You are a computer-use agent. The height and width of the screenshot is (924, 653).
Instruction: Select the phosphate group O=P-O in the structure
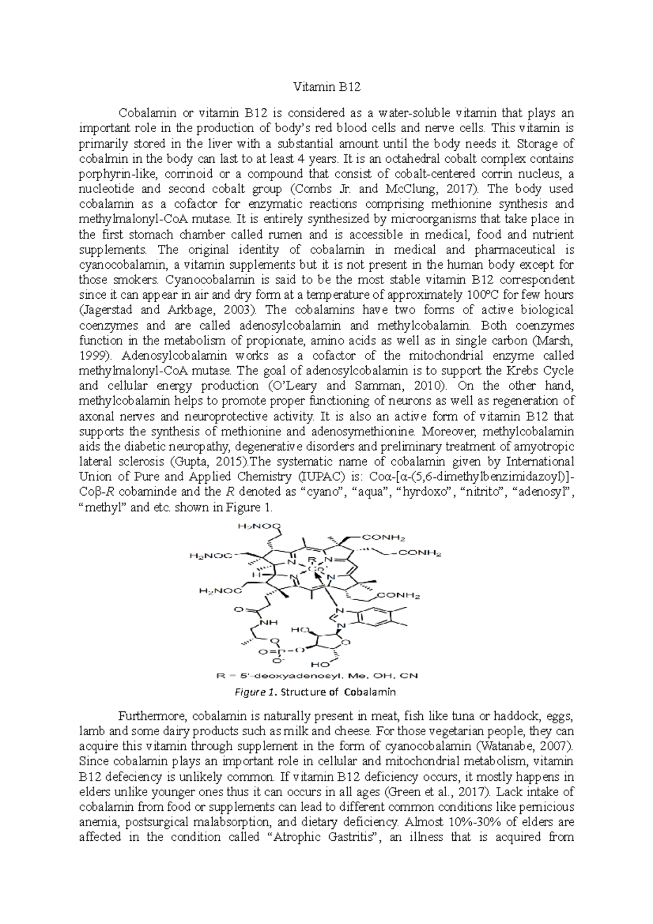point(280,650)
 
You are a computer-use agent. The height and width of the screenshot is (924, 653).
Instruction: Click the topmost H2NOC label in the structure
point(258,526)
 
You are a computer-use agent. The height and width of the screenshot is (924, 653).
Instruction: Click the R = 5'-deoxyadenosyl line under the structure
point(317,676)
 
